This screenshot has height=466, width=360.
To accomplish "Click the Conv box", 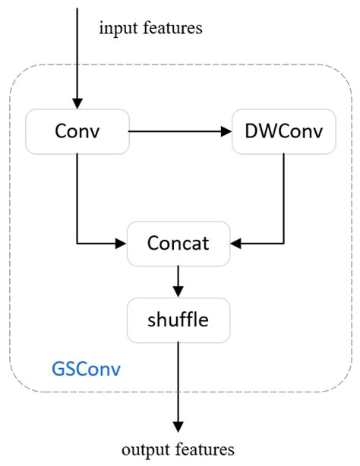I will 77,131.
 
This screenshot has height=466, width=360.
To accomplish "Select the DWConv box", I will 284,131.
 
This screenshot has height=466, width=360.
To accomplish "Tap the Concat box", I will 178,244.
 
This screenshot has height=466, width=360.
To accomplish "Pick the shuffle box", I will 178,320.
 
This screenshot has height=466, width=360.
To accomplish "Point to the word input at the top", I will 116,29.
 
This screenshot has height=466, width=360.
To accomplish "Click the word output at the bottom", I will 145,449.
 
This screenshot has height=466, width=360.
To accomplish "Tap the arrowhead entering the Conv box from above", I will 77,105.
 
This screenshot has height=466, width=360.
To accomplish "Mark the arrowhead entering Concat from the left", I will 122,244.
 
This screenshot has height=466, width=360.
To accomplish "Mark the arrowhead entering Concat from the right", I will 235,244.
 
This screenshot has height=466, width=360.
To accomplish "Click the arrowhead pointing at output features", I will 178,427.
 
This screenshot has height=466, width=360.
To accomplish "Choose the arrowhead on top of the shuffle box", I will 178,293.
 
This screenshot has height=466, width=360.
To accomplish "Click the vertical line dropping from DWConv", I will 284,197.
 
